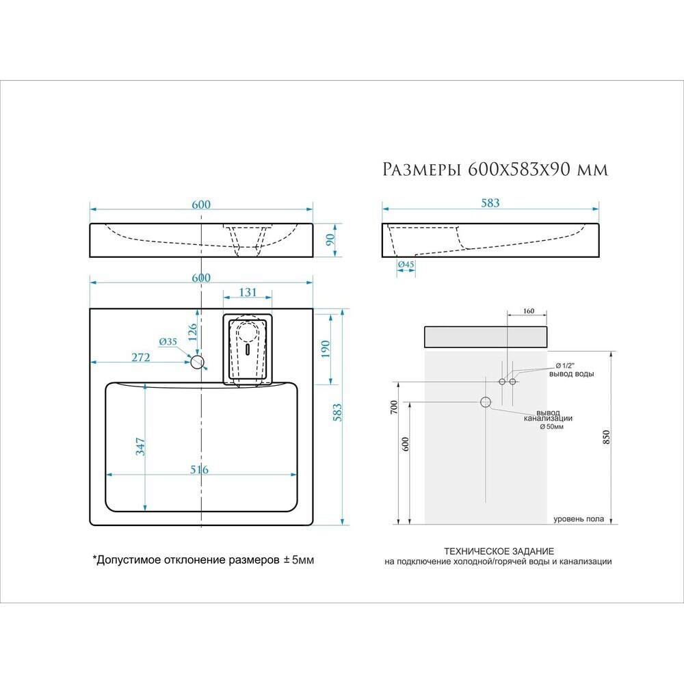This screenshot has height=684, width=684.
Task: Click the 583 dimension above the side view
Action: click(490, 203)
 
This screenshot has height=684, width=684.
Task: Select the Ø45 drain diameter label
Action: click(406, 264)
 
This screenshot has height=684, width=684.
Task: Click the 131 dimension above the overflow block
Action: click(248, 292)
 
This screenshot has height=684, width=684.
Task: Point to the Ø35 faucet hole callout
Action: click(168, 341)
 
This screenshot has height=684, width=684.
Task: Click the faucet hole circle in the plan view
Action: click(198, 362)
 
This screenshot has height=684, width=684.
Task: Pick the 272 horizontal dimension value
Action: click(140, 357)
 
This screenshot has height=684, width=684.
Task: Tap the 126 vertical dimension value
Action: click(192, 332)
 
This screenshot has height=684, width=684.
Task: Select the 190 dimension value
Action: click(325, 349)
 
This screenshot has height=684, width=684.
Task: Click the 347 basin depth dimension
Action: click(140, 447)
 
